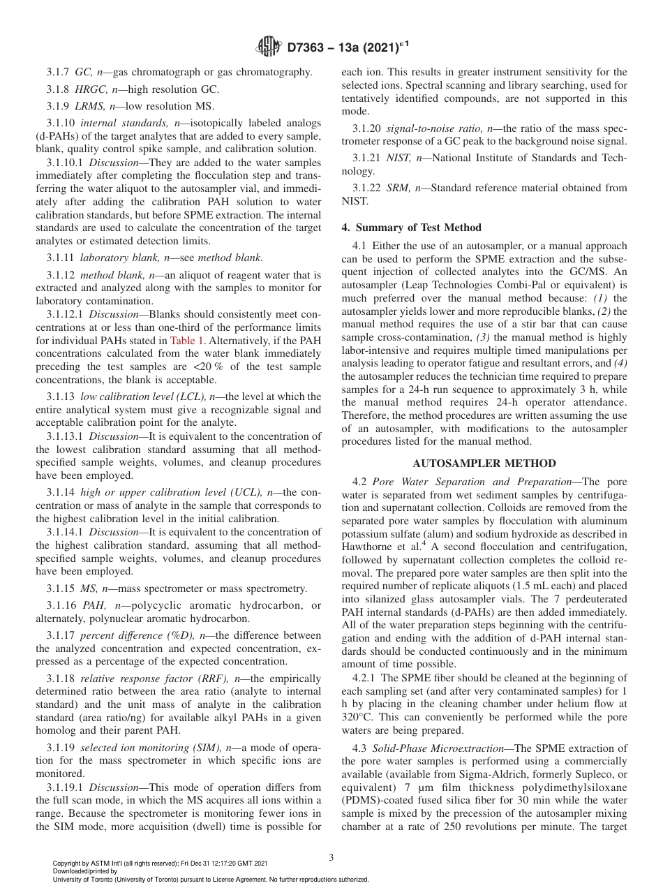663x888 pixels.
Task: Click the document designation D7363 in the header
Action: [x=313, y=47]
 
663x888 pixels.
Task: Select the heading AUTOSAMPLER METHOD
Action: [x=484, y=464]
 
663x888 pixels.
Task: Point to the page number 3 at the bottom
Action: [x=331, y=858]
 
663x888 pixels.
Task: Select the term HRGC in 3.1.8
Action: [x=88, y=89]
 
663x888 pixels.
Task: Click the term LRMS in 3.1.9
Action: [x=88, y=106]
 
